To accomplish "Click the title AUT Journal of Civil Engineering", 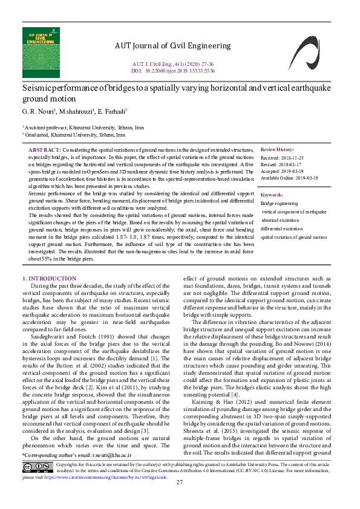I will click(172, 46).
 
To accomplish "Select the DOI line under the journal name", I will click(172, 70).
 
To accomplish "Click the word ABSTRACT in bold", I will click(45, 149).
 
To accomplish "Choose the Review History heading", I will click(277, 149).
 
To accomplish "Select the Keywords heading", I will click(272, 195).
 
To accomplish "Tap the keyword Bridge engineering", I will click(279, 204).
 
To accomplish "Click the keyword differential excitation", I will click(281, 229).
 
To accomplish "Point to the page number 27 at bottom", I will click(180, 499).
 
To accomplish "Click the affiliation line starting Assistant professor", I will click(83, 128).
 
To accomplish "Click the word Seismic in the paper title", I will click(36, 88).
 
